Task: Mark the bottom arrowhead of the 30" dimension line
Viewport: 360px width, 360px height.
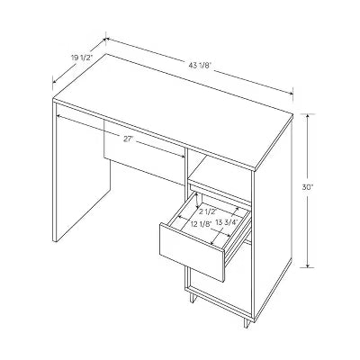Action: point(308,267)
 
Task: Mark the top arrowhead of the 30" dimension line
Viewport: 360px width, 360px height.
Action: point(308,115)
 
